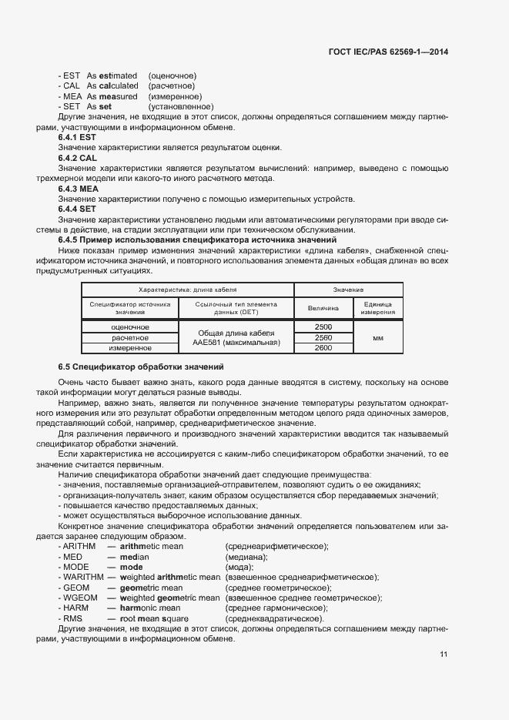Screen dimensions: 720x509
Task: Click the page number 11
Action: click(x=444, y=655)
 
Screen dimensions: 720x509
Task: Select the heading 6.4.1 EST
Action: click(x=77, y=137)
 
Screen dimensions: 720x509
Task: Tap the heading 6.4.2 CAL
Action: click(x=77, y=158)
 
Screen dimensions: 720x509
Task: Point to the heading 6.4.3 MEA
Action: click(x=78, y=188)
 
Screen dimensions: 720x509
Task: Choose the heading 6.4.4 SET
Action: click(x=77, y=209)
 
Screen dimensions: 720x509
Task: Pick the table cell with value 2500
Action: click(x=323, y=327)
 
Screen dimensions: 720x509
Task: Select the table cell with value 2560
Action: click(x=323, y=337)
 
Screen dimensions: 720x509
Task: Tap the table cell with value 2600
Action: click(x=323, y=348)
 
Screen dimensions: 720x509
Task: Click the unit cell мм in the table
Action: click(x=377, y=338)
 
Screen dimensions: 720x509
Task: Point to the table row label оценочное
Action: click(x=130, y=327)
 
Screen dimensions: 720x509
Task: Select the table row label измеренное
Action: click(x=130, y=348)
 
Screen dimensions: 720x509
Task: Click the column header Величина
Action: click(x=323, y=308)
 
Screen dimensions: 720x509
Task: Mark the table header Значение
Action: click(x=348, y=290)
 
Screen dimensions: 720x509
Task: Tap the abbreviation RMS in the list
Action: click(x=73, y=618)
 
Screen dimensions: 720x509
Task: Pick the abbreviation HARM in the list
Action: click(x=75, y=608)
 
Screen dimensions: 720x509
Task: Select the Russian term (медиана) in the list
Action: click(x=246, y=556)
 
